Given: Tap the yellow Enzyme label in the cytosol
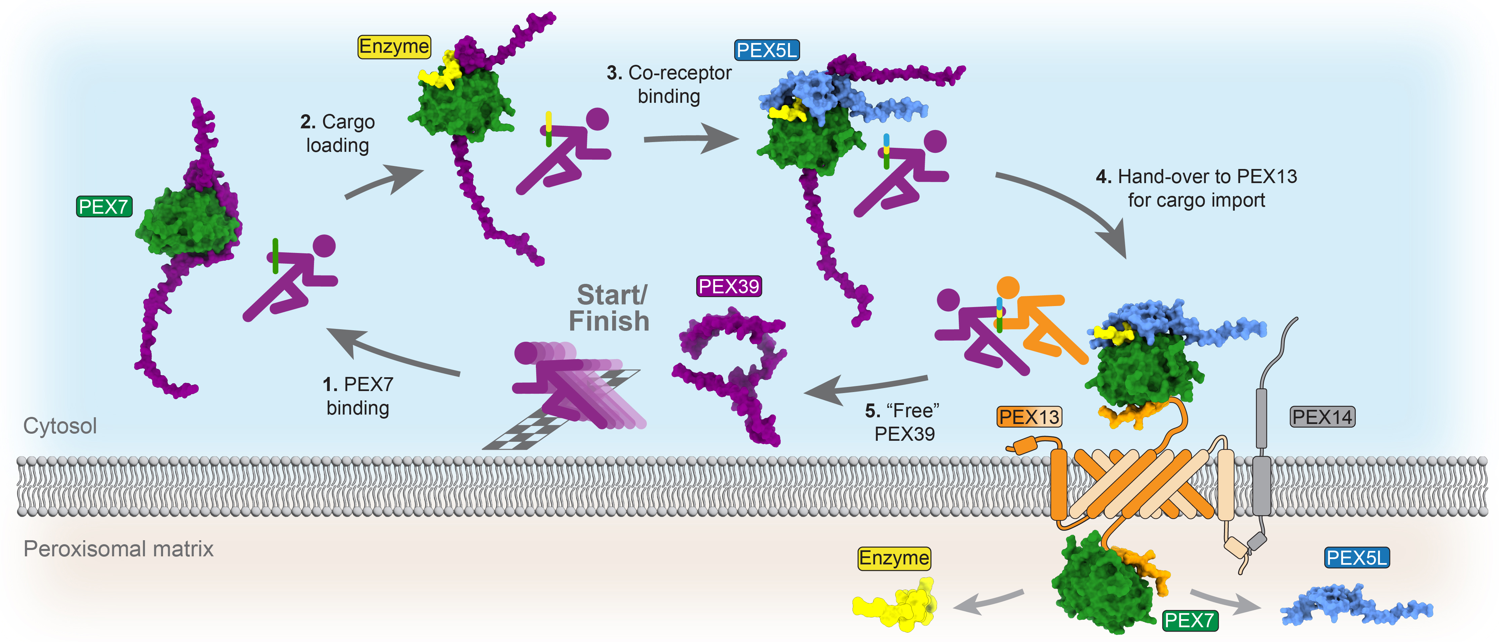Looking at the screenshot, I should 394,46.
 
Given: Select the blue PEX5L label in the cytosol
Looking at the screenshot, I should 766,51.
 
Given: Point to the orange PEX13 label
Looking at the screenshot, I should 1029,416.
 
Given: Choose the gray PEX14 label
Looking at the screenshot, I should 1322,416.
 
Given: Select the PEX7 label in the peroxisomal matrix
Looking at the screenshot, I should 1189,620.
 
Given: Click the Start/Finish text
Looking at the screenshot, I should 609,308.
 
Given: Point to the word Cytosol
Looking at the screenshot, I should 60,426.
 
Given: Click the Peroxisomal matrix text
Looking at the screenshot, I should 118,548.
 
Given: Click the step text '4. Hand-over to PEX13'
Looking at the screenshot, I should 1196,176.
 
